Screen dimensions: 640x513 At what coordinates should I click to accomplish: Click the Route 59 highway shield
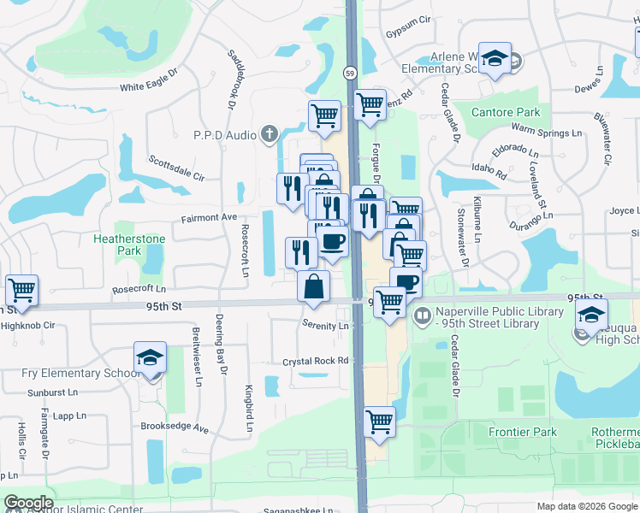click(x=351, y=74)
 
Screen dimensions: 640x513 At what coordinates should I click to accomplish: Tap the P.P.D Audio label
click(x=225, y=134)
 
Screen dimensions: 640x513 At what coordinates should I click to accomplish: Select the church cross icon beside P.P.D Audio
click(x=270, y=133)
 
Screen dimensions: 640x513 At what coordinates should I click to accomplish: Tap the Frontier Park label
click(x=522, y=433)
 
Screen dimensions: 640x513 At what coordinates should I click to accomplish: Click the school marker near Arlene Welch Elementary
click(x=494, y=58)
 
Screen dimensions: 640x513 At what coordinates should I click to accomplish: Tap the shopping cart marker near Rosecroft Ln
click(x=21, y=289)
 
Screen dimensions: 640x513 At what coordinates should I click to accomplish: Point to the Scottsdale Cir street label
click(x=176, y=168)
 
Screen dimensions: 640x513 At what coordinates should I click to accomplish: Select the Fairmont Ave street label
click(x=209, y=218)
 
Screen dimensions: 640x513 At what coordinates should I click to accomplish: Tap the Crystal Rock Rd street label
click(x=316, y=362)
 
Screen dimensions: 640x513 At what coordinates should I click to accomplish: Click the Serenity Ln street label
click(x=326, y=326)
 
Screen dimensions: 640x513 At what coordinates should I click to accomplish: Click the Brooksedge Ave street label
click(x=175, y=427)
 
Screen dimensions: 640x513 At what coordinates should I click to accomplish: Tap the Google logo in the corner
click(x=28, y=503)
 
